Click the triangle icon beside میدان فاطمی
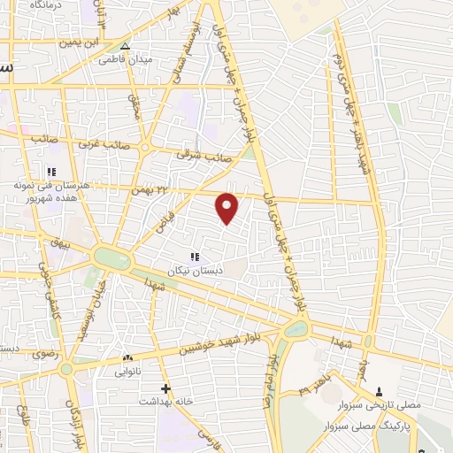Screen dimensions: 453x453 pyautogui.click(x=125, y=46)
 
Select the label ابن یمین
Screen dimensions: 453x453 pyautogui.click(x=77, y=42)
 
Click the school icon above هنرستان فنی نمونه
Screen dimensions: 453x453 pyautogui.click(x=51, y=172)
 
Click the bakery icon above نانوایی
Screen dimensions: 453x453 pyautogui.click(x=127, y=358)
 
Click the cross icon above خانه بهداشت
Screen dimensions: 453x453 pyautogui.click(x=165, y=388)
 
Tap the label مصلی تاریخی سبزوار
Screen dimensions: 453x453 pyautogui.click(x=381, y=405)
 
